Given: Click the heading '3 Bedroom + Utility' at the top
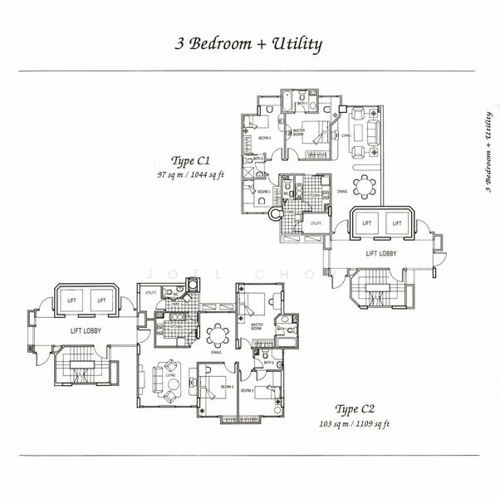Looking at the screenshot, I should pyautogui.click(x=248, y=44).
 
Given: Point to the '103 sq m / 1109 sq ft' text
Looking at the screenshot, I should pyautogui.click(x=355, y=423).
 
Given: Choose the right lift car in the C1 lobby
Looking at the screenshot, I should pyautogui.click(x=397, y=222).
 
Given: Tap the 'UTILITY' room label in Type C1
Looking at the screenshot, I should pyautogui.click(x=316, y=223).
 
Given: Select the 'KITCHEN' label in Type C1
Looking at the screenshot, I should pyautogui.click(x=312, y=195).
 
